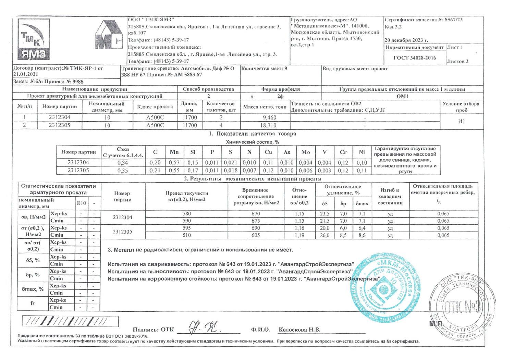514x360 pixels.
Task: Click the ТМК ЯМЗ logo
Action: pos(33,40)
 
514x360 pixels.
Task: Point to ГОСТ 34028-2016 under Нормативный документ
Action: pos(415,58)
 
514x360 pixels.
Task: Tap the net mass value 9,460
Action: pos(269,118)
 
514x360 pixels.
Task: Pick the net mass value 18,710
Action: pos(269,126)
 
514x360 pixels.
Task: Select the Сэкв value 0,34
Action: pos(123,163)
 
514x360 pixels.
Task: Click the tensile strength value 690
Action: pos(255,228)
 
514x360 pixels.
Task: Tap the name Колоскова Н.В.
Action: pos(299,330)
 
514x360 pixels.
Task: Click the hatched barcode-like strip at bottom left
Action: pos(70,321)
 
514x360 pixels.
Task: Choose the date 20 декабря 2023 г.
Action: pos(406,40)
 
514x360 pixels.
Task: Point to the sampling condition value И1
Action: pos(461,122)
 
